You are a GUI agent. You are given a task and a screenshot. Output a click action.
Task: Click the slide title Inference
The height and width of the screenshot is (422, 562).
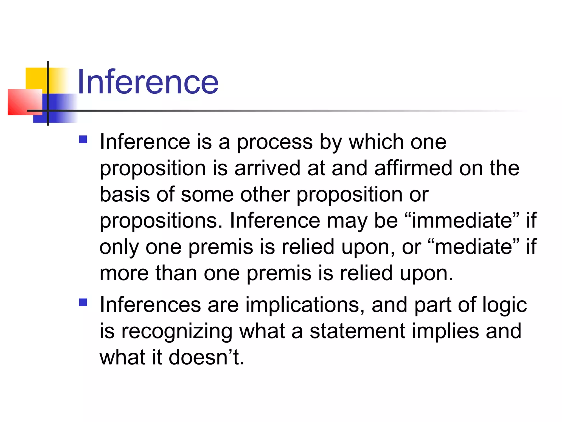coord(148,82)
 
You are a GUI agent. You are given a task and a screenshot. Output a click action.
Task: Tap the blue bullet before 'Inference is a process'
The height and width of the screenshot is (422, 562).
coord(83,139)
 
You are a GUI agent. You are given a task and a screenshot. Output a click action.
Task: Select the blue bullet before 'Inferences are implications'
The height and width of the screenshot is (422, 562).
coord(83,302)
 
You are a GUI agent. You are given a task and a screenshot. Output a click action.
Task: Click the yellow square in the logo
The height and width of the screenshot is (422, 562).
coord(36,78)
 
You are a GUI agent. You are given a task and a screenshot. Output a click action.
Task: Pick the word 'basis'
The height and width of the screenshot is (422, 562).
coord(125,194)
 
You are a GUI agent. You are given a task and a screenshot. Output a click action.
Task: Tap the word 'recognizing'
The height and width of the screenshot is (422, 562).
coord(177,332)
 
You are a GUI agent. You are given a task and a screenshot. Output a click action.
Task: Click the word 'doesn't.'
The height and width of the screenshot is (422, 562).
coord(206,357)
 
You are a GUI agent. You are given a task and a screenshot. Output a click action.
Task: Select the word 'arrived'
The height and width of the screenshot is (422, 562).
coord(268,168)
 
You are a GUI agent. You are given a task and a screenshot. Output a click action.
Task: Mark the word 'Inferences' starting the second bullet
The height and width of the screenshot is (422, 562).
coord(150,305)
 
